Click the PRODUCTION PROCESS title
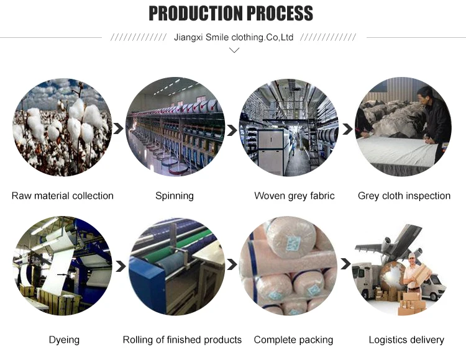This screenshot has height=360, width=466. pyautogui.click(x=231, y=13)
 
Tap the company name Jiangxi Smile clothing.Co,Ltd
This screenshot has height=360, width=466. pyautogui.click(x=234, y=37)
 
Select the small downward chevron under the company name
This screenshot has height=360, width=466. pyautogui.click(x=234, y=50)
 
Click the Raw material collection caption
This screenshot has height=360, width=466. pyautogui.click(x=63, y=196)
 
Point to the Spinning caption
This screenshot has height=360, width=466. pyautogui.click(x=175, y=196)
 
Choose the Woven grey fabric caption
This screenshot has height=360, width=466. pyautogui.click(x=295, y=196)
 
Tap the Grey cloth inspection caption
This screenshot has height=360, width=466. pyautogui.click(x=404, y=196)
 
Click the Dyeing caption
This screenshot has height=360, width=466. pyautogui.click(x=64, y=340)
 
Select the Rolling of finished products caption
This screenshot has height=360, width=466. pyautogui.click(x=182, y=340)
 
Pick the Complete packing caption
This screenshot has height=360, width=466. pyautogui.click(x=293, y=340)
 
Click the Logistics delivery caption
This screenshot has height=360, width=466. pyautogui.click(x=406, y=340)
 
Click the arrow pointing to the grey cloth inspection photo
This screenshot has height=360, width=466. pyautogui.click(x=347, y=130)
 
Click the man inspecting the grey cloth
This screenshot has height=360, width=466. pyautogui.click(x=434, y=115)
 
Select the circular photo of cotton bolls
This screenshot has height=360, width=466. pyautogui.click(x=62, y=127)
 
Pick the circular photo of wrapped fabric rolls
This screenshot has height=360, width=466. pyautogui.click(x=288, y=265)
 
